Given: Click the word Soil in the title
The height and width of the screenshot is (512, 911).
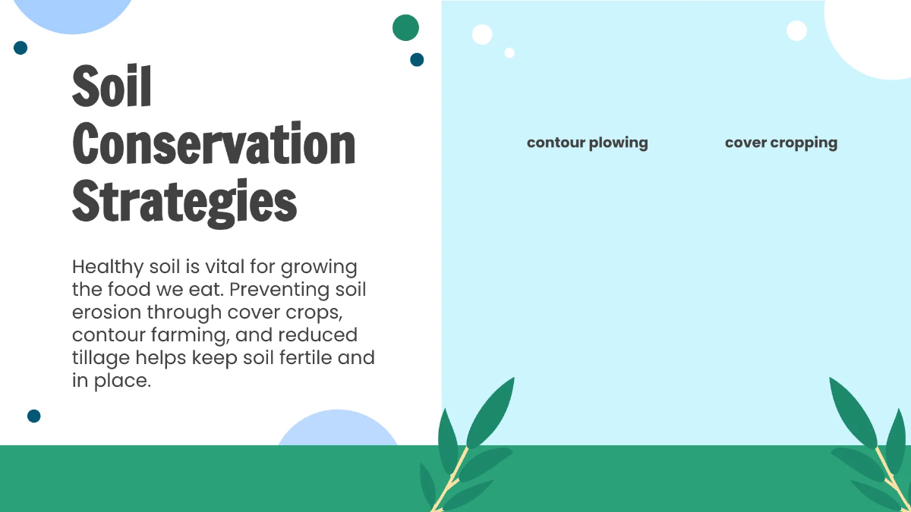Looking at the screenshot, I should click(x=112, y=86).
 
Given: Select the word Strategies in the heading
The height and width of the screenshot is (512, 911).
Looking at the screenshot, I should click(x=184, y=201).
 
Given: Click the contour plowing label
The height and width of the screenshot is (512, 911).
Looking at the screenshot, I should click(x=587, y=143).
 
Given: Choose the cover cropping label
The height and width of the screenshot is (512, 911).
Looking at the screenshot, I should click(x=780, y=143).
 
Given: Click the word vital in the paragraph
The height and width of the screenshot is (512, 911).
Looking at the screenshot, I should click(x=252, y=267).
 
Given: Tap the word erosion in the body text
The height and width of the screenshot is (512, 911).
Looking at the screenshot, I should click(x=106, y=313).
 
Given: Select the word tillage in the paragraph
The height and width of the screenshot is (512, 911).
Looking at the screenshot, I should click(x=100, y=357).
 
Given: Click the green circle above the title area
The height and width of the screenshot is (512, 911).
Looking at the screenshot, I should click(x=405, y=27).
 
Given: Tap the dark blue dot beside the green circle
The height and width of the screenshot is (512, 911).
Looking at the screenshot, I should click(x=417, y=59).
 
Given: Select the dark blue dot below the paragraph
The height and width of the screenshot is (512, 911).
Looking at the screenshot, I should click(x=33, y=416).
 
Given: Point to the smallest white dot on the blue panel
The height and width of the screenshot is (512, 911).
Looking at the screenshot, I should click(x=509, y=52).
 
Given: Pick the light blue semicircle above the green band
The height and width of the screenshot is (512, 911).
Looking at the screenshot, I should click(x=337, y=430).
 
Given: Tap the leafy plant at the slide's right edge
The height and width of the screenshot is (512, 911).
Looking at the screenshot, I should click(x=873, y=448).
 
